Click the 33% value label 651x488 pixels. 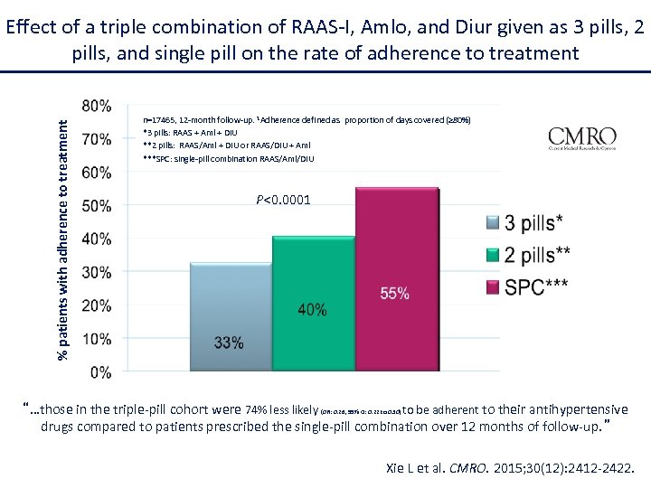pyautogui.click(x=229, y=343)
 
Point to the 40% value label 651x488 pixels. pyautogui.click(x=312, y=309)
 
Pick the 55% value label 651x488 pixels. pyautogui.click(x=394, y=293)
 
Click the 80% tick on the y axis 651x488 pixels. pyautogui.click(x=98, y=106)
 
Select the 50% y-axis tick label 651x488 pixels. pyautogui.click(x=98, y=205)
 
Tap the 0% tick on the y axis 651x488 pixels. pyautogui.click(x=101, y=371)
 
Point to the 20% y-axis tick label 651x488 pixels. pyautogui.click(x=98, y=305)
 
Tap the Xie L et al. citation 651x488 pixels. pyautogui.click(x=511, y=468)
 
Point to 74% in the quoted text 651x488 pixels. pyautogui.click(x=258, y=409)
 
